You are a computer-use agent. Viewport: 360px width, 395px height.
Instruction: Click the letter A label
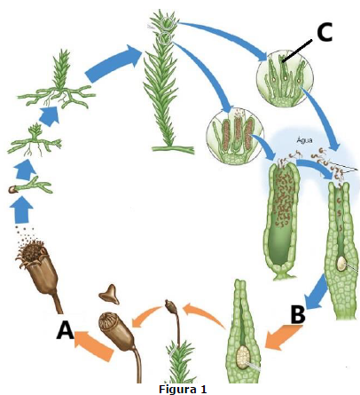(x=66, y=330)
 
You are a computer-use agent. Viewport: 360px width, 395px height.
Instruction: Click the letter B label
(x=298, y=314)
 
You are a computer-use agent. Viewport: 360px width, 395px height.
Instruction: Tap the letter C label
(x=325, y=32)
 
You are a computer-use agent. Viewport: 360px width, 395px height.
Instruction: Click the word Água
(x=304, y=139)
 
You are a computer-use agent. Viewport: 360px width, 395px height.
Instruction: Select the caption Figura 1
(x=183, y=389)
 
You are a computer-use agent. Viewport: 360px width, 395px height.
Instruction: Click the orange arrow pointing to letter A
(x=94, y=345)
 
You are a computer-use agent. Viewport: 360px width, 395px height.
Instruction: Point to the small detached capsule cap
(x=110, y=294)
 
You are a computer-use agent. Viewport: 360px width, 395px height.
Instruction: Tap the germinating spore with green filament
(x=30, y=186)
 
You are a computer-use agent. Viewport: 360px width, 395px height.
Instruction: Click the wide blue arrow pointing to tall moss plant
(x=113, y=64)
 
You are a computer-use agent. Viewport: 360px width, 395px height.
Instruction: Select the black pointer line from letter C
(x=297, y=51)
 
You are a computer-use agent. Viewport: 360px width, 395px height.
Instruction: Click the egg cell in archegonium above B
(x=341, y=263)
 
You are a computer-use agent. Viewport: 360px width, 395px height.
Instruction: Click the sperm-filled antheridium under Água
(x=281, y=219)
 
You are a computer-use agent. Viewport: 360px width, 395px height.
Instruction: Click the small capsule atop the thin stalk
(x=171, y=306)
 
